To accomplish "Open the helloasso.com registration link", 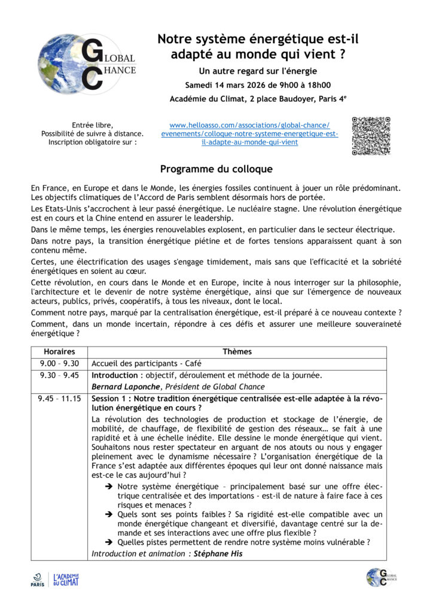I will (249, 133).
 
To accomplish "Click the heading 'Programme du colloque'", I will (216, 169).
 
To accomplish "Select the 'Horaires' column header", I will (59, 352).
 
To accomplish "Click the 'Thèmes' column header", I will (237, 352).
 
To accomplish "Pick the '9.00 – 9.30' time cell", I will (59, 363).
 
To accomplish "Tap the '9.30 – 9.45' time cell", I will (59, 375).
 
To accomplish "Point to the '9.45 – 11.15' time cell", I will (59, 399).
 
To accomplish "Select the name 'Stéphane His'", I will (219, 554).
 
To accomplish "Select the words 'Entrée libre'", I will (92, 125).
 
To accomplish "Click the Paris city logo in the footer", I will (38, 579).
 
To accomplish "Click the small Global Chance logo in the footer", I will (381, 578).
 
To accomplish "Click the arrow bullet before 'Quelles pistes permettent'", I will (109, 542).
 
